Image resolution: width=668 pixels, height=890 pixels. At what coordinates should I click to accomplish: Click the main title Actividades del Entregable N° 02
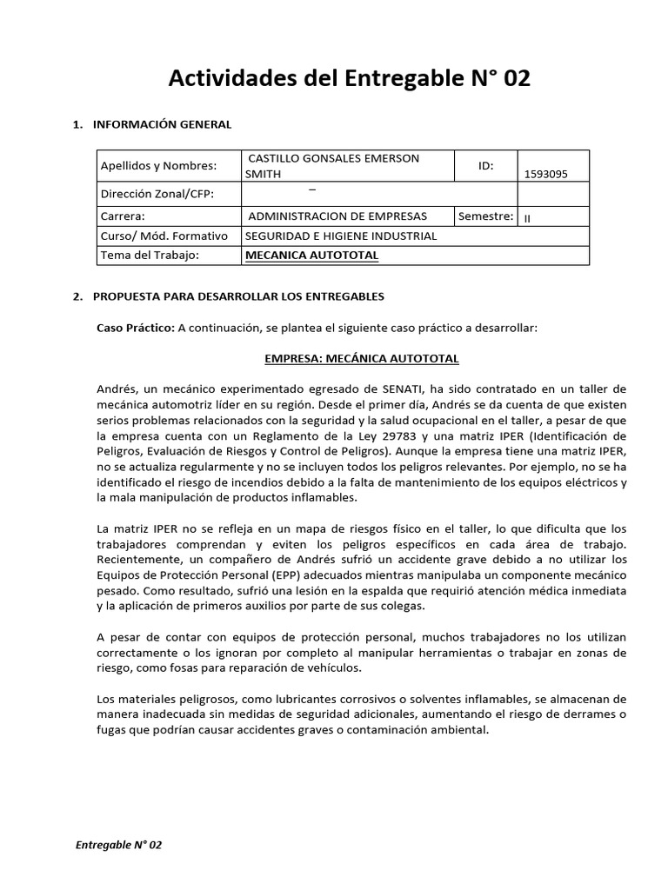tap(348, 79)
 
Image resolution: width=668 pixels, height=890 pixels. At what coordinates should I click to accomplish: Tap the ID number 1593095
tap(545, 174)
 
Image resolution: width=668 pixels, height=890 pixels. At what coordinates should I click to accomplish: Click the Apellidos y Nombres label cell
tap(159, 165)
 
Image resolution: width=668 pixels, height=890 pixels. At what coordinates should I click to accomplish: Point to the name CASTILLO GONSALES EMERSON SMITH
tap(333, 165)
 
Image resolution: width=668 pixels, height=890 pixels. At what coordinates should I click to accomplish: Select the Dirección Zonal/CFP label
tap(157, 194)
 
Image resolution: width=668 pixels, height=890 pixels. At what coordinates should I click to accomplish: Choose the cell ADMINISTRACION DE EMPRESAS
tap(337, 216)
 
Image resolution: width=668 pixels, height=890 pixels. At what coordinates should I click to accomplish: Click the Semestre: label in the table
tap(485, 216)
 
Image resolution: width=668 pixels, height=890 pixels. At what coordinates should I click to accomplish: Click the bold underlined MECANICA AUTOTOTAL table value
tap(313, 256)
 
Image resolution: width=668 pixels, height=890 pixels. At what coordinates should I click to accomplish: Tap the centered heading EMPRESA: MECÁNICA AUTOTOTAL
tap(361, 358)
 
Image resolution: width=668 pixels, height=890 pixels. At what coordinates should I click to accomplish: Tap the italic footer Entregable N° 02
tap(119, 845)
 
